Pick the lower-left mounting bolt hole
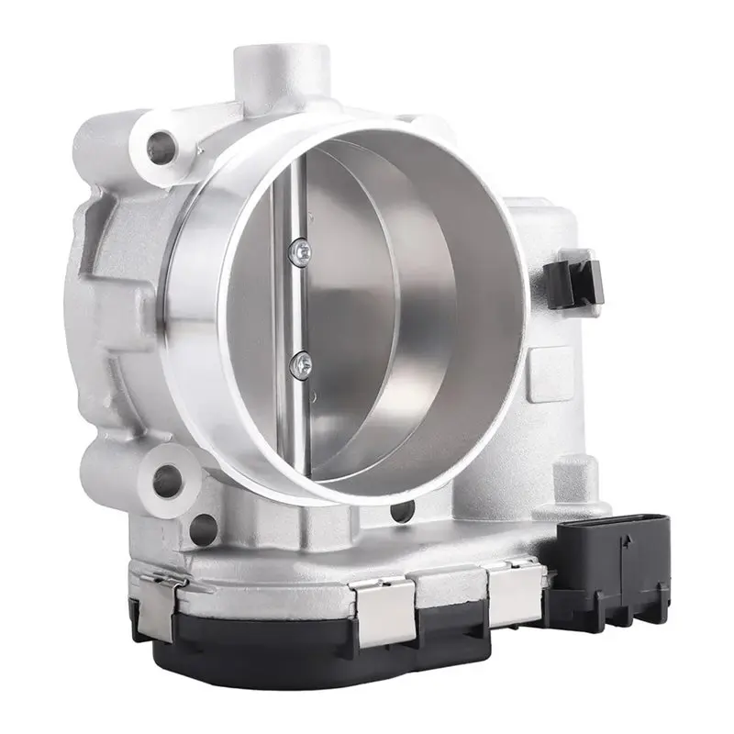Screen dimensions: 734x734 click(167, 475)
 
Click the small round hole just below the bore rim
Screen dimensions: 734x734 click(395, 511)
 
